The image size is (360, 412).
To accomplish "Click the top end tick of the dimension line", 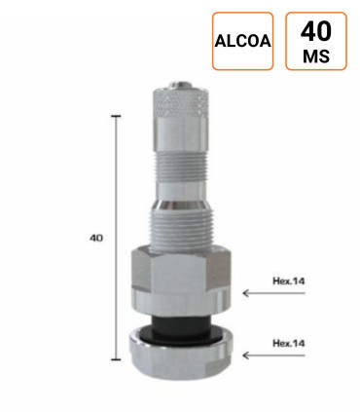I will pos(117,116).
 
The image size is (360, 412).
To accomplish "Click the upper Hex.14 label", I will pos(288,280).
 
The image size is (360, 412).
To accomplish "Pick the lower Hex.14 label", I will pos(288,343).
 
